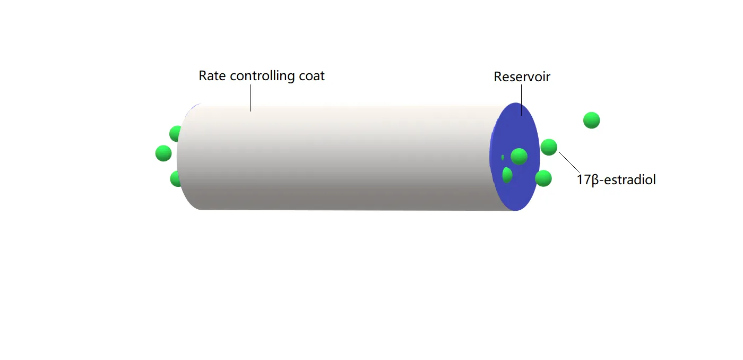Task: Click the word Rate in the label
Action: [x=210, y=76]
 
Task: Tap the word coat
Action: [x=312, y=76]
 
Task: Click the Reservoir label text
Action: [x=522, y=77]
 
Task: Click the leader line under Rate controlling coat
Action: [x=250, y=98]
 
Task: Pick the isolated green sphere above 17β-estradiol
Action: [x=591, y=121]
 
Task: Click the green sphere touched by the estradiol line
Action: [x=549, y=147]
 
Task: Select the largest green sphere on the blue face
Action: [x=519, y=156]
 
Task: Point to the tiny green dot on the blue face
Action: [x=503, y=157]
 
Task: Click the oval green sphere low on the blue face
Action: [x=507, y=175]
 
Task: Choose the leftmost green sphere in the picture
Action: [x=163, y=153]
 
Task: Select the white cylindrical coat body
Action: [x=345, y=159]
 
